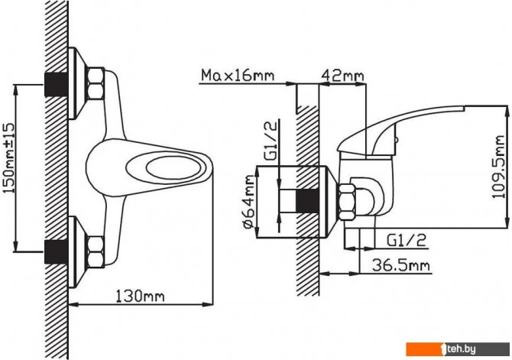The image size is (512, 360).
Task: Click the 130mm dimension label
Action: (x=141, y=297)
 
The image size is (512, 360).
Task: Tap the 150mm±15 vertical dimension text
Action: (x=9, y=158)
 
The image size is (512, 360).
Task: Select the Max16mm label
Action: (x=238, y=75)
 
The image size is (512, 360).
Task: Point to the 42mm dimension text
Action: (x=342, y=76)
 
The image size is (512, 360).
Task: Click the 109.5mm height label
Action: (x=498, y=167)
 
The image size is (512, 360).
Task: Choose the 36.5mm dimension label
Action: (x=401, y=265)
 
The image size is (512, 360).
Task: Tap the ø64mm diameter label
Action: (x=249, y=202)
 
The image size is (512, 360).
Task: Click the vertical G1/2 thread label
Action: (x=271, y=140)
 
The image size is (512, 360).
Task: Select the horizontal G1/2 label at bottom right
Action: (x=407, y=240)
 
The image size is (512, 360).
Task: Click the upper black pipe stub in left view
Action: (x=56, y=84)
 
